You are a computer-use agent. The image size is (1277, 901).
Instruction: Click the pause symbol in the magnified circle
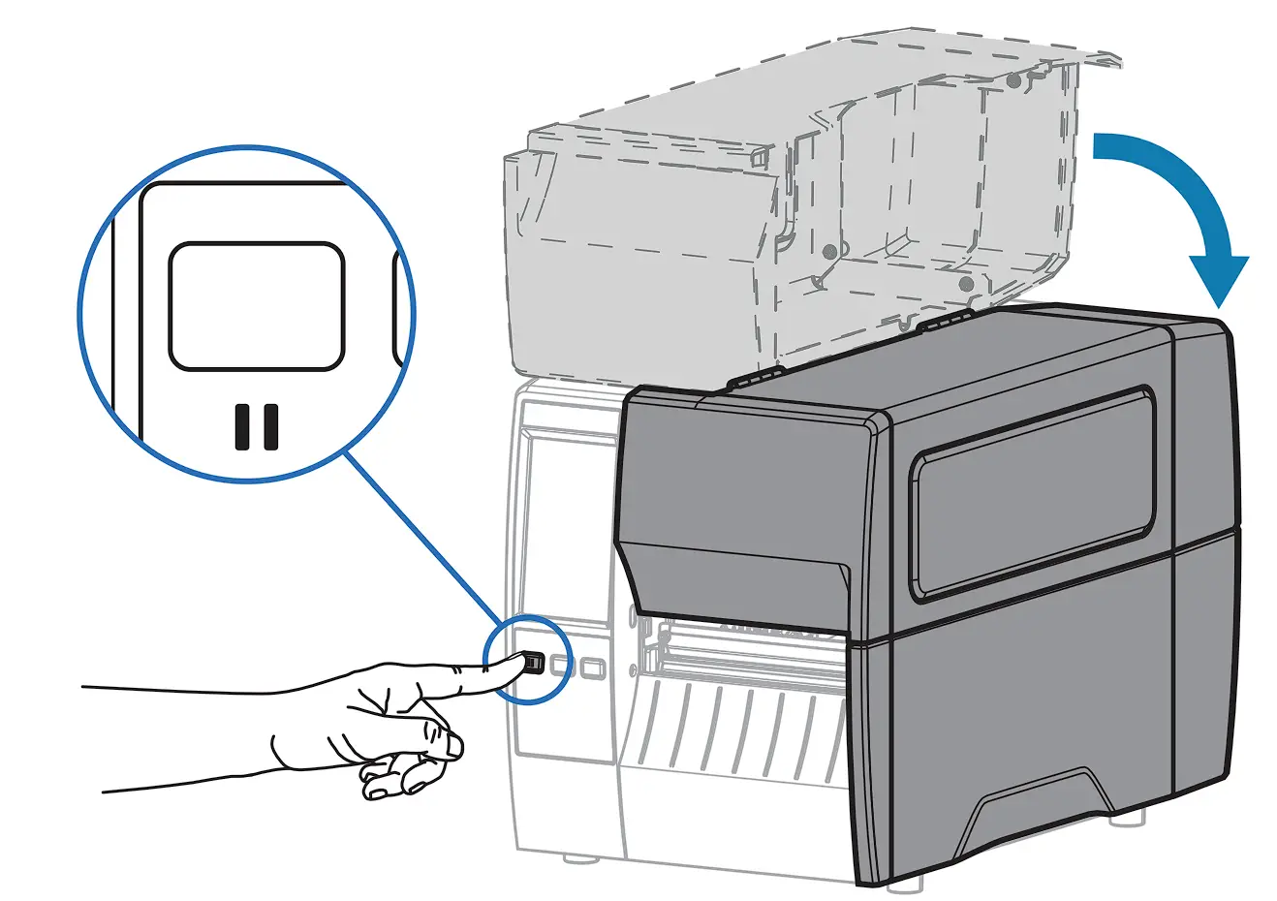[x=257, y=427]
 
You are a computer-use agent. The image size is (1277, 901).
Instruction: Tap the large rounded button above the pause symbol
[x=257, y=306]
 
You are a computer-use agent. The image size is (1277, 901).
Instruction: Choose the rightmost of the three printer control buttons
[x=593, y=667]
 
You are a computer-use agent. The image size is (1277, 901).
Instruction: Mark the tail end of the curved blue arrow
[x=1100, y=145]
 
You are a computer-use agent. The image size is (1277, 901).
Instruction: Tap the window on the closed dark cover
[x=1032, y=489]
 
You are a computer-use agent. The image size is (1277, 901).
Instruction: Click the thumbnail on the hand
[x=452, y=747]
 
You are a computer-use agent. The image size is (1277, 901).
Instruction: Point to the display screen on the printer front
[x=568, y=523]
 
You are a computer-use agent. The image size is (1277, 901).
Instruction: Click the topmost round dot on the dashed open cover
[x=1012, y=82]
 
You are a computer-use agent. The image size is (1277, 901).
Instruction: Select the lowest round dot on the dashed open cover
[x=965, y=284]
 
